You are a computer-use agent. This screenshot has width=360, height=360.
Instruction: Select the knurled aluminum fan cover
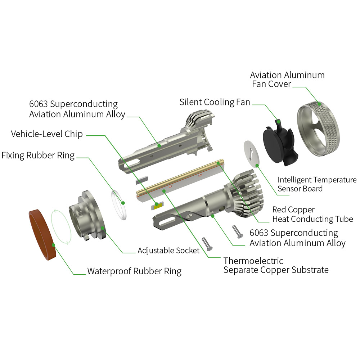pos(319,129)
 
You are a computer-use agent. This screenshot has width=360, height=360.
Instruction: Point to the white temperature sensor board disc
pos(251,153)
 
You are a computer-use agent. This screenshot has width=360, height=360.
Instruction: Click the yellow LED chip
pos(157,206)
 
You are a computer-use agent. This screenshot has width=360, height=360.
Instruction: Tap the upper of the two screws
pos(238,231)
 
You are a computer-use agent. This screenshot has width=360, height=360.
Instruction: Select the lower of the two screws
pos(207,244)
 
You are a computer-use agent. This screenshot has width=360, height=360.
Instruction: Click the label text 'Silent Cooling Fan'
pos(215,102)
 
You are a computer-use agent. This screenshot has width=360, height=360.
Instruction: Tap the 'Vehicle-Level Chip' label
pos(47,134)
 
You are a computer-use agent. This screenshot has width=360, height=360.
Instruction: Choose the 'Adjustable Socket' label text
pos(168,250)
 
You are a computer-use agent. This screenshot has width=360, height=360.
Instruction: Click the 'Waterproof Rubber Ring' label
pos(134,271)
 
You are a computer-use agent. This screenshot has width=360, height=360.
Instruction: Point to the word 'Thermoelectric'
pos(253,261)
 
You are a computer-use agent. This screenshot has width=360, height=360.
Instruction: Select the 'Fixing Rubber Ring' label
pos(38,156)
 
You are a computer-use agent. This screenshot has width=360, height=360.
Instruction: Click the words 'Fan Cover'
pos(271,84)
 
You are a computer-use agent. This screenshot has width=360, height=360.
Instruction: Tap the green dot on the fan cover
pos(319,104)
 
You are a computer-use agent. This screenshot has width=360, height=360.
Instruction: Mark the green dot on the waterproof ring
pos(54,245)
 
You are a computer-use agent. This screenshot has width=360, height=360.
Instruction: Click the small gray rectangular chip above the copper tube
pos(141,180)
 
